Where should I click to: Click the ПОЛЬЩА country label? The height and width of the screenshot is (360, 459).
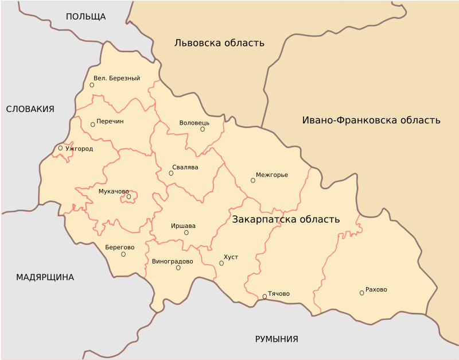[x=86, y=16]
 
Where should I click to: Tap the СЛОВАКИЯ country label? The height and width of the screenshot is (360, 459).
[x=30, y=109]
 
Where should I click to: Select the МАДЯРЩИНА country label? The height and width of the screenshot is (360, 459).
[x=45, y=277]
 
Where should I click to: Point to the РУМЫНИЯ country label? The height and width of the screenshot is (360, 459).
[x=277, y=339]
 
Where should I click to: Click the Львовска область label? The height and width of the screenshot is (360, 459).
[x=220, y=42]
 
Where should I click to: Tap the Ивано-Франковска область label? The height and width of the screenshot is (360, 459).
[x=371, y=120]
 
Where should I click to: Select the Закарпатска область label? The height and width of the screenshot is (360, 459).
[x=286, y=219]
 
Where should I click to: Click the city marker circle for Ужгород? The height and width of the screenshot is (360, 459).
[x=60, y=148]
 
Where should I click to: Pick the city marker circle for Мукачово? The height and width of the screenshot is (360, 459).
[x=129, y=196]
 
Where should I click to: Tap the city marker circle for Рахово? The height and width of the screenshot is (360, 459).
[x=361, y=293]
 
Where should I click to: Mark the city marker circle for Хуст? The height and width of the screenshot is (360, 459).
[x=221, y=263]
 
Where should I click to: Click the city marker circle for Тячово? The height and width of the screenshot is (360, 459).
[x=264, y=296]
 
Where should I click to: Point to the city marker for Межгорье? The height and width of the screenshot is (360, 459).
[x=252, y=180]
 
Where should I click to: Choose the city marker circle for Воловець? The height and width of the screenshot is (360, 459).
[x=203, y=129]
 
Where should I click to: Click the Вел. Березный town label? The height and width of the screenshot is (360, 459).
[x=117, y=78]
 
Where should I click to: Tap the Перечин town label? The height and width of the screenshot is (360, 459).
[x=110, y=121]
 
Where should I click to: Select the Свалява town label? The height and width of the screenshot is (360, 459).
[x=185, y=167]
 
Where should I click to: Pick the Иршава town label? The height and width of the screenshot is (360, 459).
[x=184, y=226]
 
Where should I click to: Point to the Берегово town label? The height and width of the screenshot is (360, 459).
[x=120, y=247]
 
